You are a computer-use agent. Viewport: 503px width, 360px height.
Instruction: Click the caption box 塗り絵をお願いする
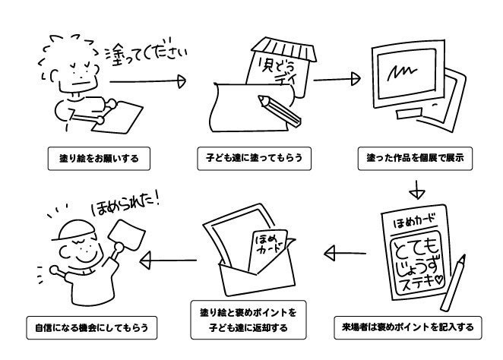pos(95,160)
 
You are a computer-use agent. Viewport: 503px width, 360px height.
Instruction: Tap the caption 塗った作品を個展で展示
pos(414,160)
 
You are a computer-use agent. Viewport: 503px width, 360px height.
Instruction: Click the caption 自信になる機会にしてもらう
pos(91,328)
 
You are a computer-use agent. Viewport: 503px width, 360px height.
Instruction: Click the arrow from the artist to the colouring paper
pos(148,79)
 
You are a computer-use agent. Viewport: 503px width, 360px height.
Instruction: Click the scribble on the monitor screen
pos(400,74)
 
